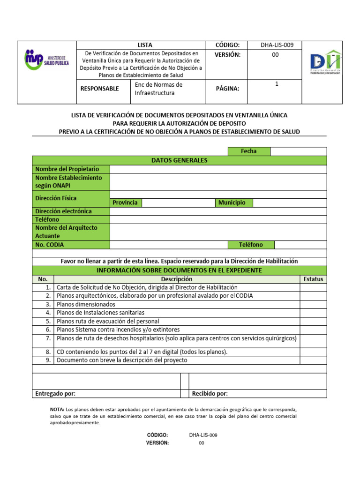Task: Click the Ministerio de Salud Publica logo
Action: (46, 60)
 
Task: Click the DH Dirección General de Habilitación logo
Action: (326, 63)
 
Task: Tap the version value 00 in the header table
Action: (275, 55)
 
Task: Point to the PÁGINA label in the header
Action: (227, 89)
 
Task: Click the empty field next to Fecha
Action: (298, 151)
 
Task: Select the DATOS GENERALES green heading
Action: (179, 160)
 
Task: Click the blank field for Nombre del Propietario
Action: (218, 169)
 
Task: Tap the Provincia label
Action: (125, 202)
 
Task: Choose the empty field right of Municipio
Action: (289, 202)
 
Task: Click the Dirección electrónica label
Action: (63, 211)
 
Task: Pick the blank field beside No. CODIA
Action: (169, 245)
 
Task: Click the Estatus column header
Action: (313, 279)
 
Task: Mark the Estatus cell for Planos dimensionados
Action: (313, 304)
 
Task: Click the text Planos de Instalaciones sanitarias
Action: (100, 313)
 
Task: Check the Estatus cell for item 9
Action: (313, 360)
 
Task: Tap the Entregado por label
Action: (55, 393)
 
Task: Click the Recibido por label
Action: (210, 393)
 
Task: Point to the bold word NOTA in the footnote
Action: (57, 409)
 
